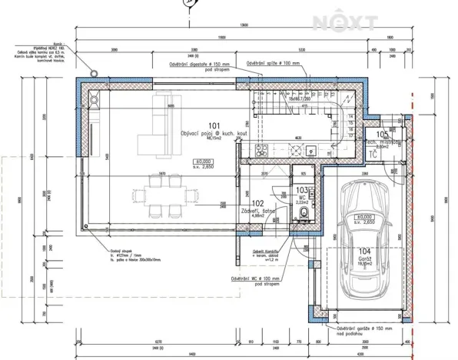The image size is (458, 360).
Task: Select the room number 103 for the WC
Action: [x=302, y=190]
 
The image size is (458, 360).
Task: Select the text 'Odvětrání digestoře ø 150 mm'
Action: [x=201, y=66]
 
